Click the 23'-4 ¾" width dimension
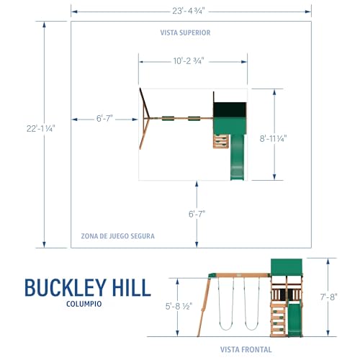(x=189, y=11)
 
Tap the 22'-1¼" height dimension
(x=41, y=129)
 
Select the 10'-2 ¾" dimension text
(x=189, y=61)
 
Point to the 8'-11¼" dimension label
(x=273, y=138)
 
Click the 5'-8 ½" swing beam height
(x=179, y=306)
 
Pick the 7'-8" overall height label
(x=328, y=297)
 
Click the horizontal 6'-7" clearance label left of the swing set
(x=104, y=118)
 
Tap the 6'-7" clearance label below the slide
(x=197, y=214)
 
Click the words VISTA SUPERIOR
(x=185, y=32)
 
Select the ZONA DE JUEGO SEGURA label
(x=117, y=236)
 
